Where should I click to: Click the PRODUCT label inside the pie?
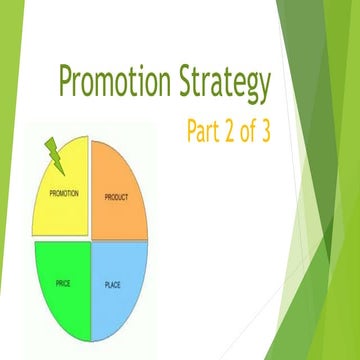point(117,197)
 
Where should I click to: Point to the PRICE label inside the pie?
point(63,285)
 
